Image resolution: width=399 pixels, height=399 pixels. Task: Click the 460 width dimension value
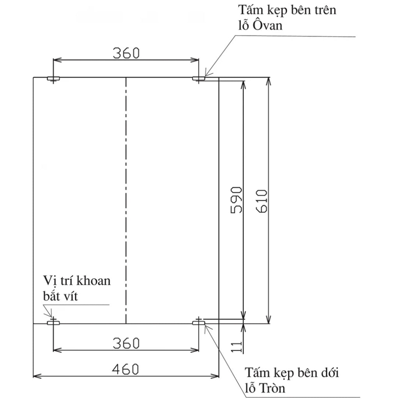click(125, 369)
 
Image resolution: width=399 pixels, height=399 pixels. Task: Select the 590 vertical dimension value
click(236, 200)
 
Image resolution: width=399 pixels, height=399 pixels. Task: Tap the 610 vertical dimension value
click(262, 201)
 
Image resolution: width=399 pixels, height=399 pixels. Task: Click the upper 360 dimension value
click(126, 53)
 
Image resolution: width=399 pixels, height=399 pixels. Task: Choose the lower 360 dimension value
click(126, 343)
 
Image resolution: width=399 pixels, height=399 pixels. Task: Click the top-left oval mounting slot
click(53, 78)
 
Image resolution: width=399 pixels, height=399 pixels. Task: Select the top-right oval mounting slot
click(199, 78)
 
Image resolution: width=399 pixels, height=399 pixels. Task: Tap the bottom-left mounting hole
click(53, 323)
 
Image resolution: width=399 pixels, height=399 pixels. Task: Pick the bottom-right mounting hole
click(199, 323)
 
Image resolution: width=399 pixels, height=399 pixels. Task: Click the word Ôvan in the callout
click(268, 25)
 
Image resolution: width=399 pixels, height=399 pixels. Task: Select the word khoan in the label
click(94, 281)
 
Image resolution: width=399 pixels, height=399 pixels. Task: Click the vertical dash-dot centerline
click(126, 201)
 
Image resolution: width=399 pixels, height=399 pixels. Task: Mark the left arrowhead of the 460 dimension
click(37, 376)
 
